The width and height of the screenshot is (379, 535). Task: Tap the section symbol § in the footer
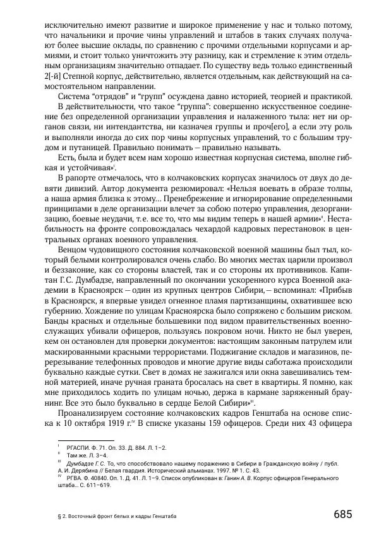pos(58,516)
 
